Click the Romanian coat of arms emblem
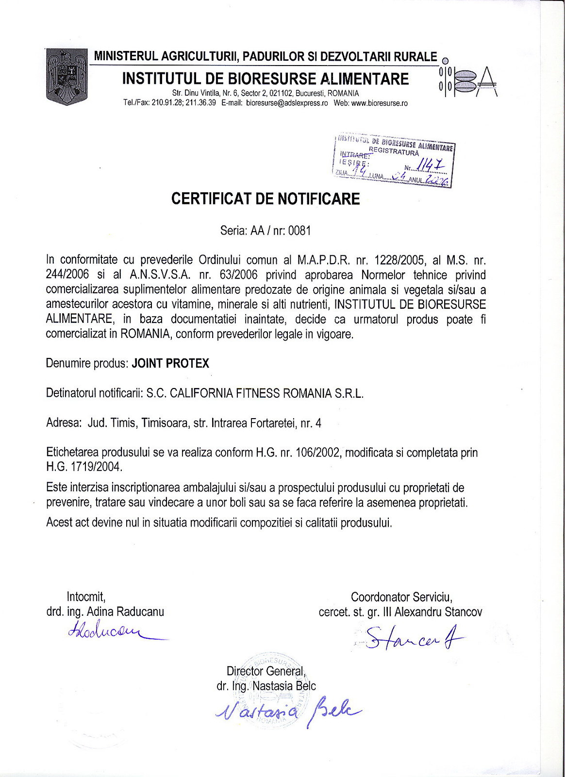point(67,77)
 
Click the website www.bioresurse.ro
point(379,103)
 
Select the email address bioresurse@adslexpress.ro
point(287,103)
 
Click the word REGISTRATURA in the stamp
point(394,152)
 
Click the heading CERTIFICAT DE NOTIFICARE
point(266,199)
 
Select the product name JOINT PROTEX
point(170,363)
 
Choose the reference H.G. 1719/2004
point(84,467)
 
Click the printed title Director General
point(266,671)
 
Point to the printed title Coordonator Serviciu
point(401,596)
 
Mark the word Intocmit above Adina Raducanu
point(86,596)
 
